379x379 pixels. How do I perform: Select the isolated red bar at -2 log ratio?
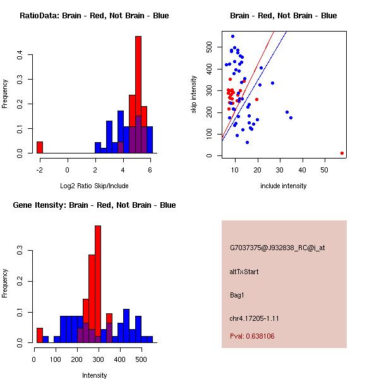40,147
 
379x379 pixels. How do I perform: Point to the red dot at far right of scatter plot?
342,153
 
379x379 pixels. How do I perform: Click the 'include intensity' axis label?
284,186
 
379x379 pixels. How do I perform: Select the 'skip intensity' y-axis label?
194,95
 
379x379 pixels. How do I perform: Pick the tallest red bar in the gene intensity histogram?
98,284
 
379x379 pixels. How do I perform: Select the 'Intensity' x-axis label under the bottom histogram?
94,375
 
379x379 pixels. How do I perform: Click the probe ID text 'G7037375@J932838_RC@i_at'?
277,248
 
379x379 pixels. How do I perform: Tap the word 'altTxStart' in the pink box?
244,272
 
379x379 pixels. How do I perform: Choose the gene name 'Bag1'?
237,295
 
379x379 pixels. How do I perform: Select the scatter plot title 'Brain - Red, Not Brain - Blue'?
284,16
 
